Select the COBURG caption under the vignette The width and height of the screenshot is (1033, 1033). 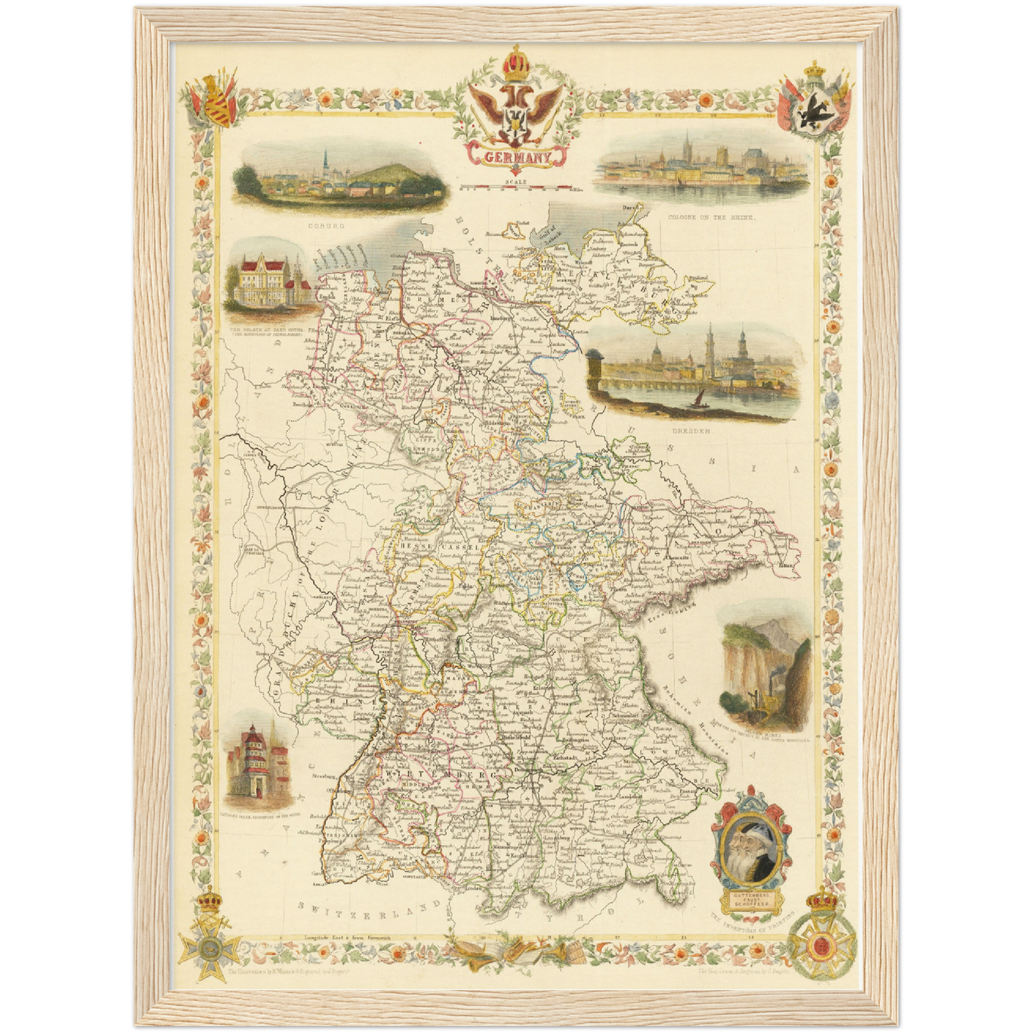326,225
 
